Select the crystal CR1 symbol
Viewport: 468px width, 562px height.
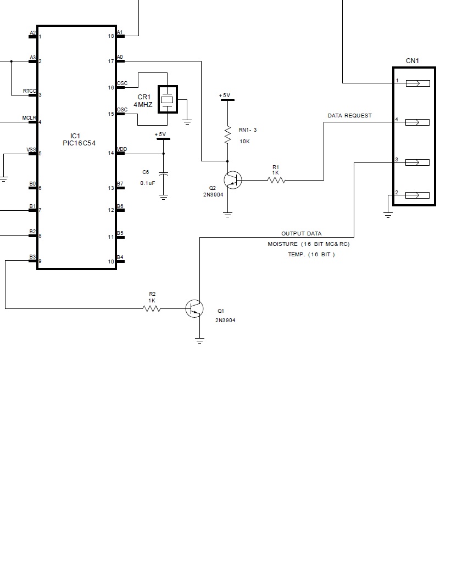[x=168, y=99]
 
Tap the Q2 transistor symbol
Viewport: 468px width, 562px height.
[x=232, y=179]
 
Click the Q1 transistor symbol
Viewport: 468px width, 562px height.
[x=194, y=308]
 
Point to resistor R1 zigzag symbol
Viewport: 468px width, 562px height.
[x=276, y=179]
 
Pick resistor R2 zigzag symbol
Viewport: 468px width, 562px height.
[x=152, y=308]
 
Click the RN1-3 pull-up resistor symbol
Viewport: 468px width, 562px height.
[x=227, y=135]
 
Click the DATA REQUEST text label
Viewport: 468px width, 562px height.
[x=349, y=116]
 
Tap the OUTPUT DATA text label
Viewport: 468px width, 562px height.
[x=302, y=234]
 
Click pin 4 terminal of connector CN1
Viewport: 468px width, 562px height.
[x=417, y=122]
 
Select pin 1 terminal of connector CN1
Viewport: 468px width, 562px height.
[x=417, y=83]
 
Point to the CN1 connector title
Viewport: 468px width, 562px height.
[x=413, y=61]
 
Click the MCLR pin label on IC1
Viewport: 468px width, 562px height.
[x=29, y=118]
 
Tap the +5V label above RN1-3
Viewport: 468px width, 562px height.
[x=225, y=95]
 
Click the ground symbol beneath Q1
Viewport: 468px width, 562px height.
[x=199, y=341]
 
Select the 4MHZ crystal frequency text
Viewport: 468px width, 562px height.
[x=143, y=104]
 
